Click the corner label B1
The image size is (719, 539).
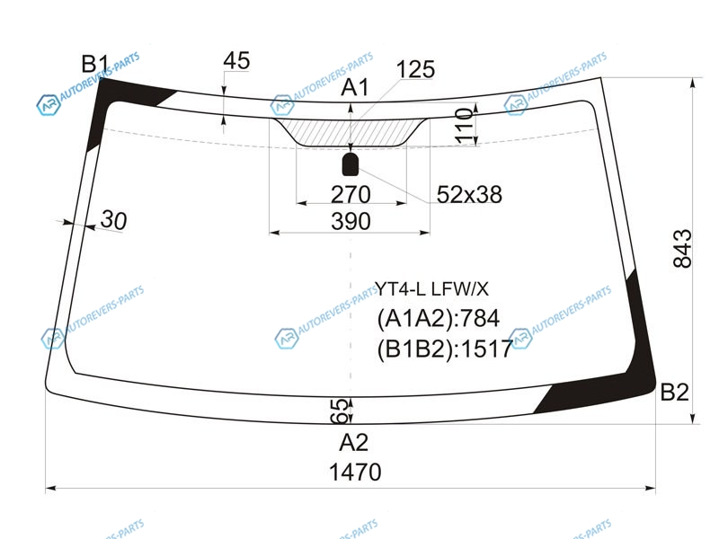95,64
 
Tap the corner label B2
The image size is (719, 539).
675,393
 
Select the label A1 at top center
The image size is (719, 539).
354,87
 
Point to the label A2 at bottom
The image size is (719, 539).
353,442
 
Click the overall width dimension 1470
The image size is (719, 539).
355,472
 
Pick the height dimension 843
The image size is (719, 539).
682,248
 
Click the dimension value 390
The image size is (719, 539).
351,221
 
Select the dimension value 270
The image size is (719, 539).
351,194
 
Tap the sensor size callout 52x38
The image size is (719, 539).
469,194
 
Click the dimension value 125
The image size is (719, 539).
415,69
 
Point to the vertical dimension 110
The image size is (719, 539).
464,126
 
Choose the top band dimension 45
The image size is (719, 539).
236,60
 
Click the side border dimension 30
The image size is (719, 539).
113,220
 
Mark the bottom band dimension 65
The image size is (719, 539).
339,410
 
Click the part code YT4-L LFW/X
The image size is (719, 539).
432,288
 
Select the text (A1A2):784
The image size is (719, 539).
438,318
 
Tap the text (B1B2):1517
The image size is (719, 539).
444,349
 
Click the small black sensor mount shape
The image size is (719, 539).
351,164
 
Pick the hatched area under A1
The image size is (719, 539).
351,132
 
